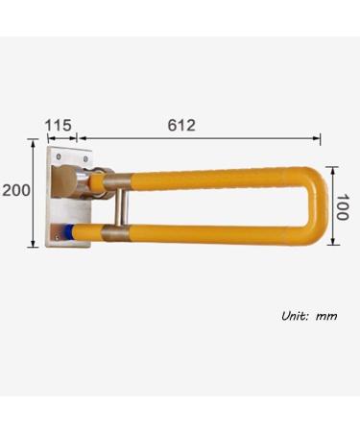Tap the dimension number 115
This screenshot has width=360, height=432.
(60, 125)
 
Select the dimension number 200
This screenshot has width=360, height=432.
(14, 190)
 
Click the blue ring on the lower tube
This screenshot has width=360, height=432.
(68, 231)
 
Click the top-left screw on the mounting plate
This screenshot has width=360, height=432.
(58, 155)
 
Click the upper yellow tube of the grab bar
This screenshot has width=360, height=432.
(211, 178)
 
